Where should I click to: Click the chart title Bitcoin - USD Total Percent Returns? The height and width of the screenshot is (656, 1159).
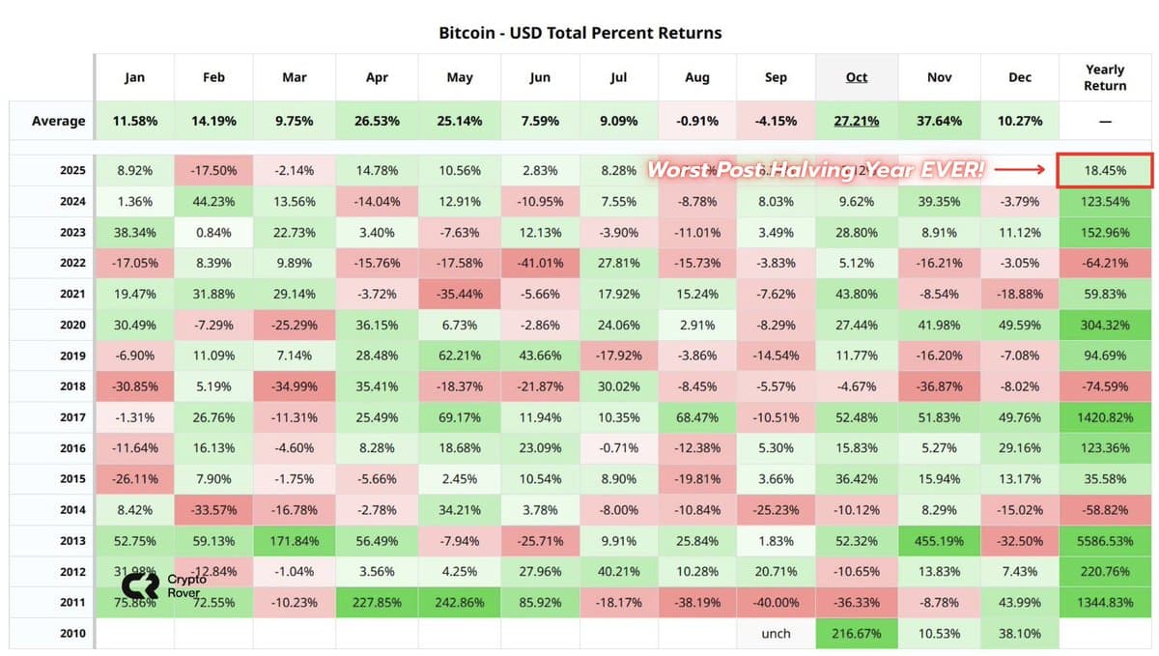click(x=580, y=33)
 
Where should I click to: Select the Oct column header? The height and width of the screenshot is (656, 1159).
click(x=857, y=77)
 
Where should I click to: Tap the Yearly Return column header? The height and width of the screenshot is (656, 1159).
click(x=1104, y=77)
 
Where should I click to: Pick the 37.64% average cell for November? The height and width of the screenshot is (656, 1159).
click(x=939, y=121)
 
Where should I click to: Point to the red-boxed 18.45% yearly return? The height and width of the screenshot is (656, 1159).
click(x=1104, y=170)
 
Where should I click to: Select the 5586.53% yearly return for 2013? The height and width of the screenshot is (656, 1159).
click(x=1104, y=541)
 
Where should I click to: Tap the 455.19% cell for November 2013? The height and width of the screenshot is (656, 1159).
click(x=939, y=541)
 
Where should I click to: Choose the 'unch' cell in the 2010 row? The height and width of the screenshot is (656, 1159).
click(x=776, y=634)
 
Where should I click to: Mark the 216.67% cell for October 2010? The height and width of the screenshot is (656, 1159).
click(x=857, y=634)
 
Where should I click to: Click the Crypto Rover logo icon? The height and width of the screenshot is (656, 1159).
click(x=141, y=585)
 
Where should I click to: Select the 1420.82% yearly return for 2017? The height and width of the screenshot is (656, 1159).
click(x=1104, y=417)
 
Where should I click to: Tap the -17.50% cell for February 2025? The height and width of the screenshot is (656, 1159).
click(x=213, y=170)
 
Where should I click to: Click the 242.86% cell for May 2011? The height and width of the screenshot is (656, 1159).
click(x=460, y=603)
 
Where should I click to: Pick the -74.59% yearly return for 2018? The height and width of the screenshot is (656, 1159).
click(x=1104, y=386)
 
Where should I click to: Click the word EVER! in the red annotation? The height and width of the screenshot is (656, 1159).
click(x=952, y=170)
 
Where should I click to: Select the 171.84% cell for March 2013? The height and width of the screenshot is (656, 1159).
click(x=295, y=541)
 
